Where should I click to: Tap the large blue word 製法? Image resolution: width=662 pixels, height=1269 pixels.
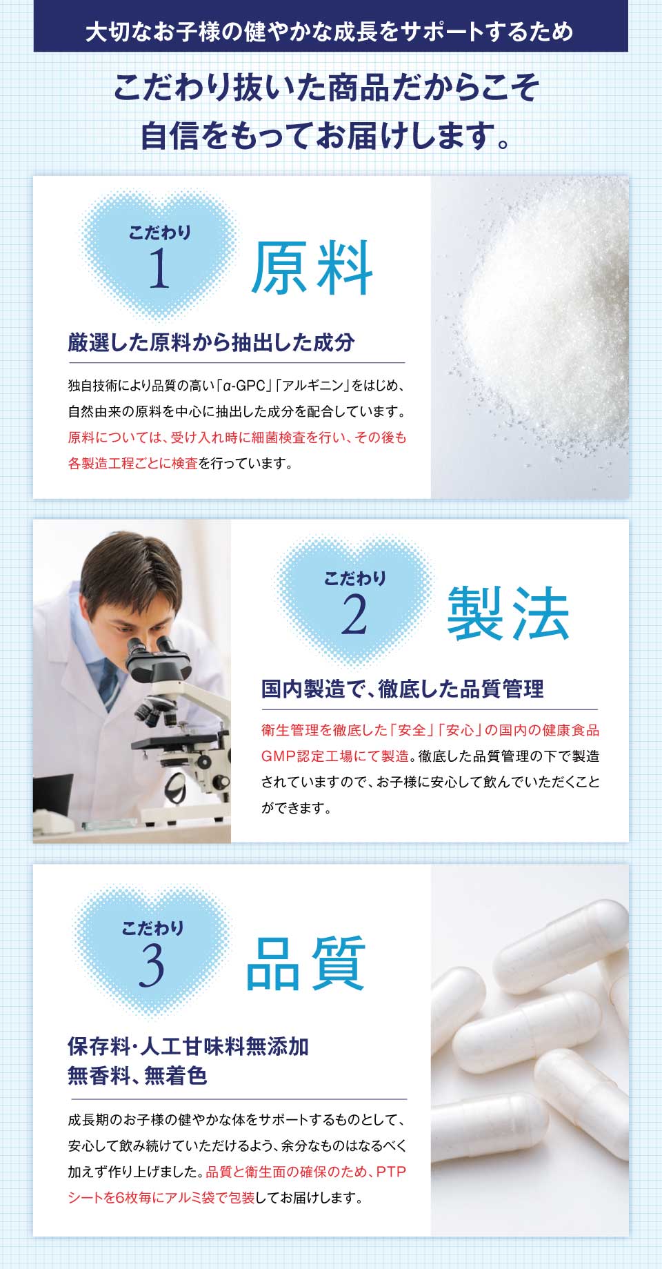508,613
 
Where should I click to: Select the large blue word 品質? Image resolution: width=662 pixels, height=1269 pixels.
305,963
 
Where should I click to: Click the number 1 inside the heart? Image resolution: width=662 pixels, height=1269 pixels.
159,268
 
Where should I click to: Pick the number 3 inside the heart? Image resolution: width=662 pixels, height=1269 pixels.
152,965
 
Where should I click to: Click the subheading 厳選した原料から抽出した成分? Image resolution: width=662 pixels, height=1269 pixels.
211,342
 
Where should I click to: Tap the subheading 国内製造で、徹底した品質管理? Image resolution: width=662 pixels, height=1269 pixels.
402,689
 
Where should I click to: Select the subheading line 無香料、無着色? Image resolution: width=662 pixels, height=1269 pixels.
137,1076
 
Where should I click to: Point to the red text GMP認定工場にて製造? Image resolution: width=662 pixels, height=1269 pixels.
335,756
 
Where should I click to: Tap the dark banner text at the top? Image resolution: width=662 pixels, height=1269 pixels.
330,32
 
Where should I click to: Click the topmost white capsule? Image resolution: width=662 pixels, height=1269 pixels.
562,935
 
